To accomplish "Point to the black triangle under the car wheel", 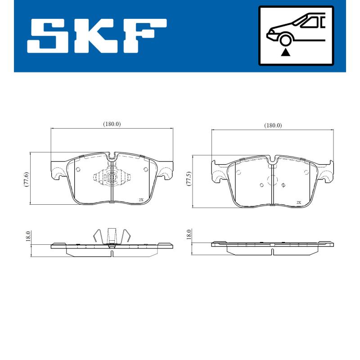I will click(x=285, y=53).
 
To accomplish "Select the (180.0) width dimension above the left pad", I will click(x=112, y=124).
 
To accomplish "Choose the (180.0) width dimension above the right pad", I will click(x=273, y=126).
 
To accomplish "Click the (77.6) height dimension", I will click(x=27, y=179).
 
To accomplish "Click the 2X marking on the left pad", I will click(x=141, y=199).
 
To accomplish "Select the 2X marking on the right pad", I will click(x=298, y=202).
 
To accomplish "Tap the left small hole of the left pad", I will click(x=77, y=170).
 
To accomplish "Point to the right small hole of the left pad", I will click(x=145, y=169).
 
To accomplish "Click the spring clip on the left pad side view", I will click(x=112, y=237).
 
